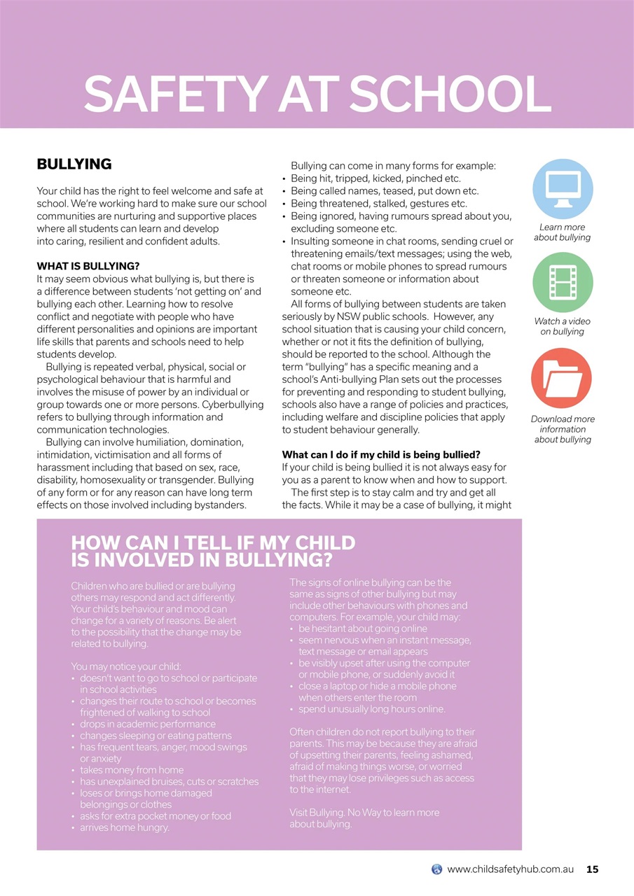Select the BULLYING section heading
point(74,164)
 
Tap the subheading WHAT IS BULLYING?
point(88,266)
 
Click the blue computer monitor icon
point(563,189)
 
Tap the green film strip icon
point(563,282)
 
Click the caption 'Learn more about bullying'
point(562,232)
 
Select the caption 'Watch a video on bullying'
point(562,326)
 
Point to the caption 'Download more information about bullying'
point(562,429)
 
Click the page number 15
point(592,869)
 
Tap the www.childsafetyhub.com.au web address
point(510,869)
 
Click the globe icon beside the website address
point(437,869)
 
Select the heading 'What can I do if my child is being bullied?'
point(381,455)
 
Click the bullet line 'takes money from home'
point(132,770)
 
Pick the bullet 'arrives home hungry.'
point(125,827)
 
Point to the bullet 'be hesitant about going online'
point(362,629)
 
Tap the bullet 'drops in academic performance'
point(148,724)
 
